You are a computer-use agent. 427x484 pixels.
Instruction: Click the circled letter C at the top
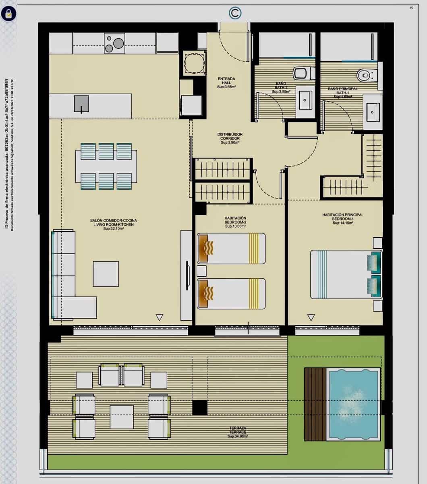coord(235,13)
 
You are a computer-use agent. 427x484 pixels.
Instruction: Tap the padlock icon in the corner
coord(8,14)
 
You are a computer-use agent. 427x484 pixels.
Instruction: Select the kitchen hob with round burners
coord(114,43)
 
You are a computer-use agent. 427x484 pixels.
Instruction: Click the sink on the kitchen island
coord(81,104)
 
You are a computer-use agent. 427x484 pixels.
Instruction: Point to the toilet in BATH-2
coord(303,73)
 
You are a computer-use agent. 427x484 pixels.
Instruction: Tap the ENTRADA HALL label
coord(226,83)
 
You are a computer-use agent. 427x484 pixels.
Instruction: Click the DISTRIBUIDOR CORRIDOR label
coord(230,138)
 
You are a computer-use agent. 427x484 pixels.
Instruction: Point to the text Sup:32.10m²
coord(113,229)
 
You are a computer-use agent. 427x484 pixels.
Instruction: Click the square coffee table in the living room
coord(106,274)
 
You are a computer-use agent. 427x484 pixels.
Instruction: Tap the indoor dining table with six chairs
coord(106,166)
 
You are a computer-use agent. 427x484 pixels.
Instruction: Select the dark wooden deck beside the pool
coord(315,404)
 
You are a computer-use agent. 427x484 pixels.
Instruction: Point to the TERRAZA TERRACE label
coord(237,432)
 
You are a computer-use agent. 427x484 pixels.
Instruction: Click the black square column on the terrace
coord(200,407)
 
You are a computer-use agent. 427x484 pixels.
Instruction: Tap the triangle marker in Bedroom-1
coord(311,317)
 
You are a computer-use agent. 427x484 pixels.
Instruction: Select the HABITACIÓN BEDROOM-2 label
coord(235,222)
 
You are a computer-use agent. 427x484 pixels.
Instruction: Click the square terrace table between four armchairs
coord(122,417)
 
